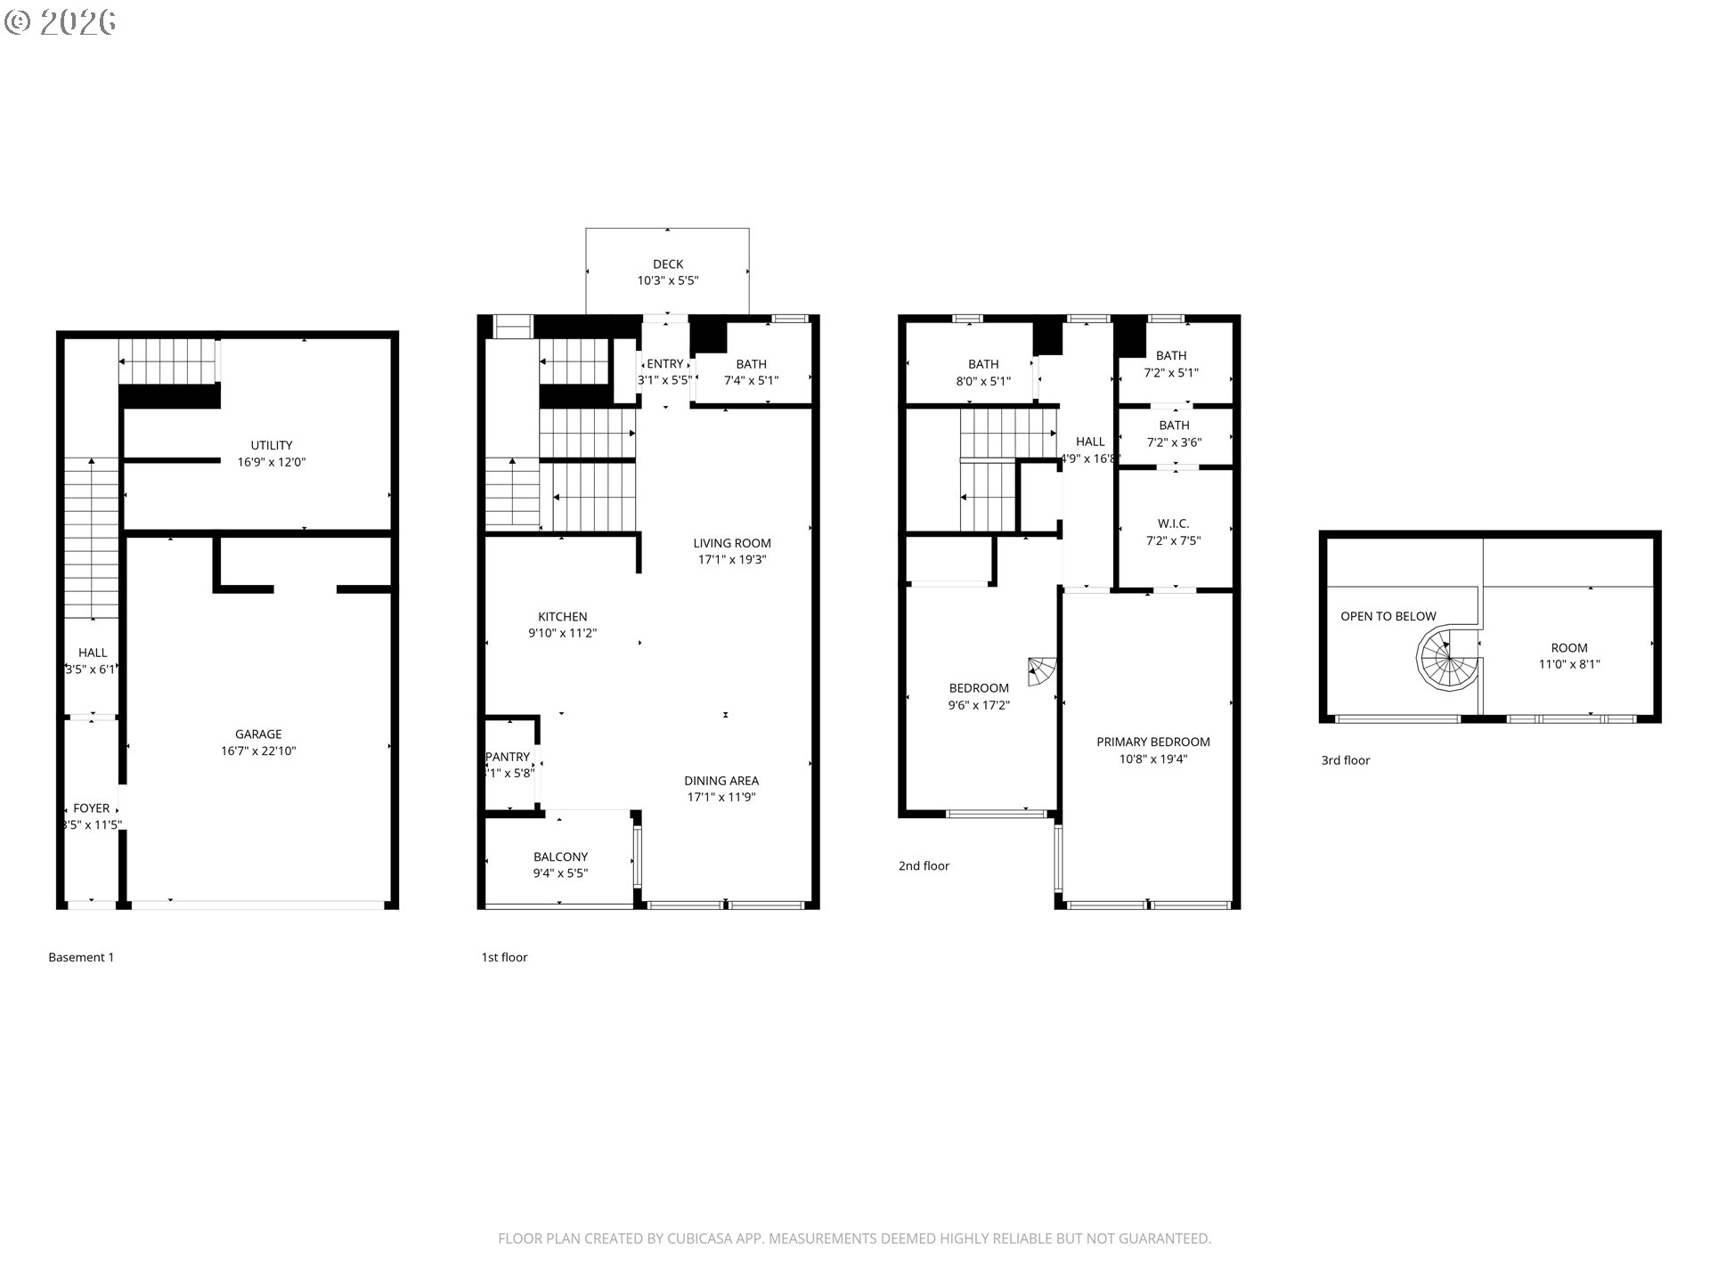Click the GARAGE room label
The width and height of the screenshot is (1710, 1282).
258,734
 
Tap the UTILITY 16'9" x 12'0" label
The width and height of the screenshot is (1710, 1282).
271,453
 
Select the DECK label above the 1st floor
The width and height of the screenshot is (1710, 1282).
668,264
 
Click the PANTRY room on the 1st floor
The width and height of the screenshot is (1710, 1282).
509,765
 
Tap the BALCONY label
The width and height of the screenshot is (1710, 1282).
560,856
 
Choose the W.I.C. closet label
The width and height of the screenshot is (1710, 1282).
1173,523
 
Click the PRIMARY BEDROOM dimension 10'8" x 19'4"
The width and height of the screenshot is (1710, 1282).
1153,759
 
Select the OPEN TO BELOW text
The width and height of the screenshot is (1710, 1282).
1388,616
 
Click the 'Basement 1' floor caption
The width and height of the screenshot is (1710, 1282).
81,957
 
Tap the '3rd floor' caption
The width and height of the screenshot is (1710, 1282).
1345,760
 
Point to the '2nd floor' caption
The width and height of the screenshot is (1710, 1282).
924,865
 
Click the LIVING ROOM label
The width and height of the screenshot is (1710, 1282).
732,543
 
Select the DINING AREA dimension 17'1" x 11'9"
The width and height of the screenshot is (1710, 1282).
721,798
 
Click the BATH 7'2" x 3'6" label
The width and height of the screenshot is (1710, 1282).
1174,434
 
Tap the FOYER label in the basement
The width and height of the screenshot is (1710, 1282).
92,808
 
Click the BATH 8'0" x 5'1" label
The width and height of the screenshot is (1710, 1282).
983,372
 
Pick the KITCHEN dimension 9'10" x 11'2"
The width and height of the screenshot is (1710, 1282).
562,634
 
